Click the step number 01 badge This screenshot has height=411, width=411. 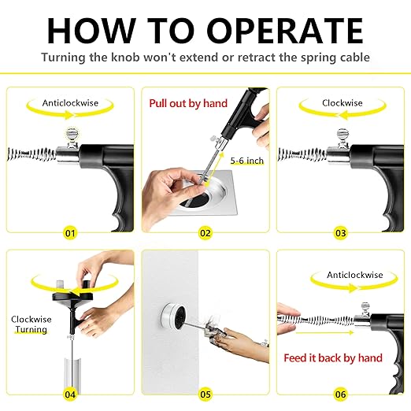coord(71,233)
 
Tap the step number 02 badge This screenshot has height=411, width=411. coord(205,233)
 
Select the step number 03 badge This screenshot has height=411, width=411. coord(340,233)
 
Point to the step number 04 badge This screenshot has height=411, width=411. coord(71,394)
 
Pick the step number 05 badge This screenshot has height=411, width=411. coord(205,394)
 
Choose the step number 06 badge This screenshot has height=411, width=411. coord(340,394)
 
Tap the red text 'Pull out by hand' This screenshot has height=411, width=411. coord(188,103)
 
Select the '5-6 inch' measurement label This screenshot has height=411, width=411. coord(246,160)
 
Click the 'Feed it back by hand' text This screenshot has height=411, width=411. coord(333,357)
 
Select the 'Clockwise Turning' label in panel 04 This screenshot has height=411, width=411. coord(31,324)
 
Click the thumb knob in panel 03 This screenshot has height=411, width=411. coord(344,137)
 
